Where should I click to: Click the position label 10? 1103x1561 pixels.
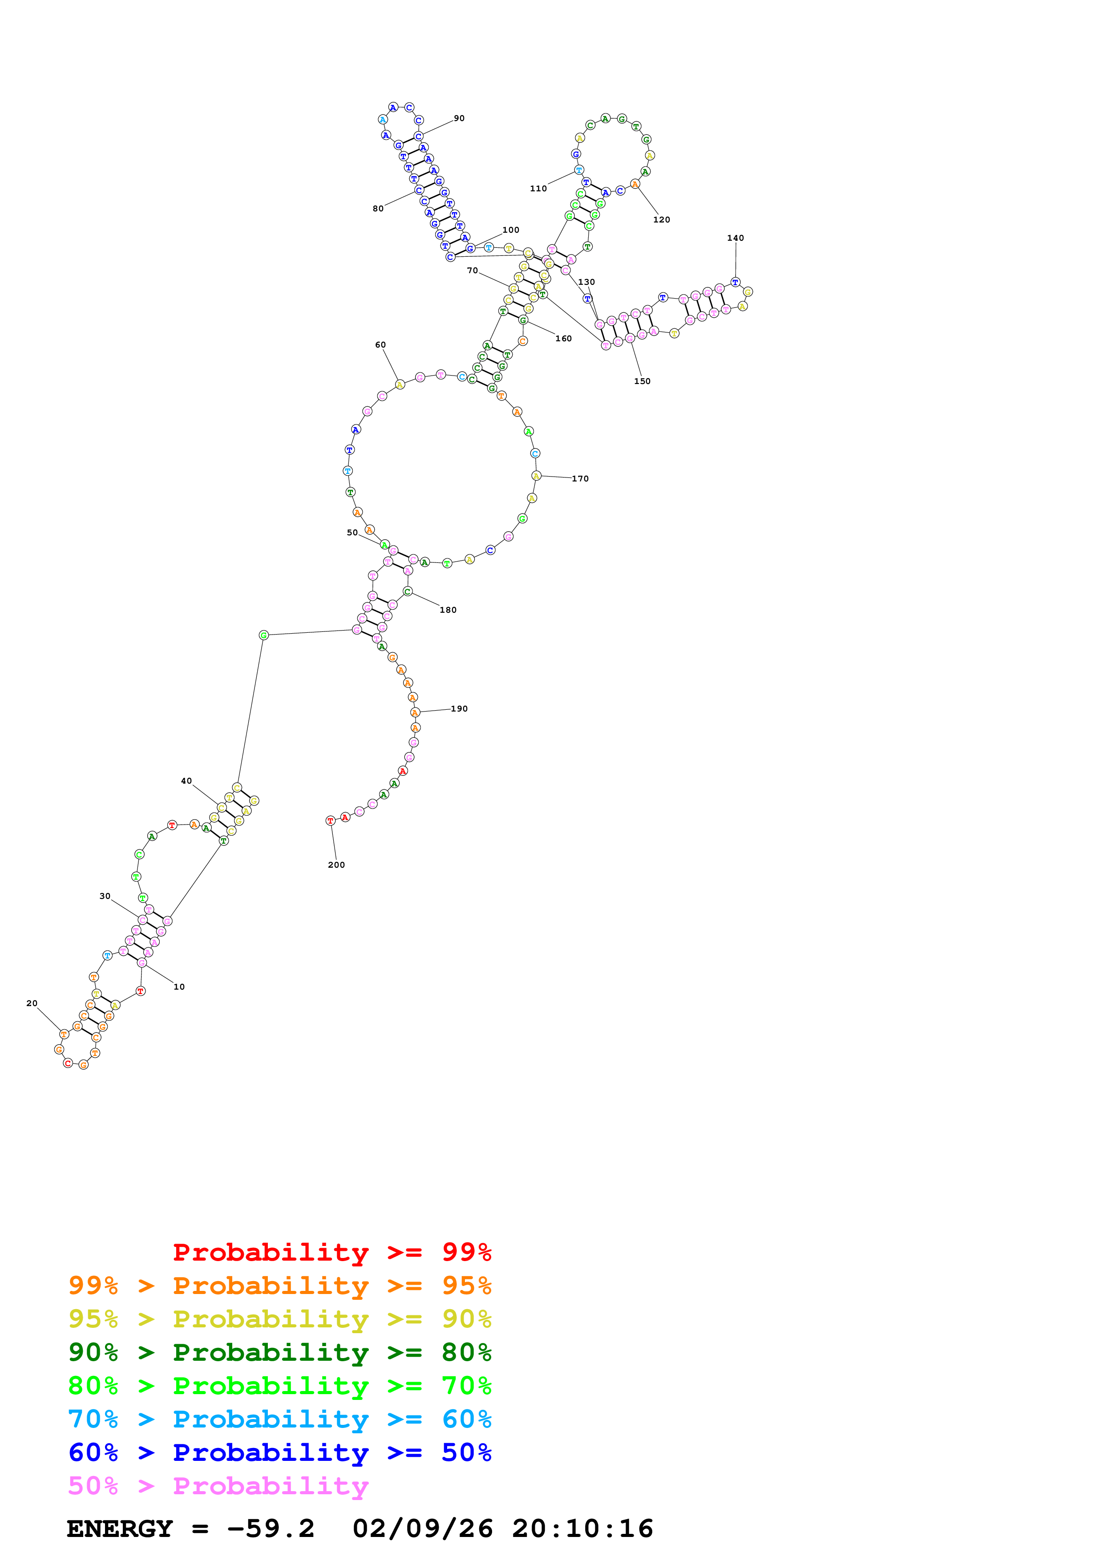179,987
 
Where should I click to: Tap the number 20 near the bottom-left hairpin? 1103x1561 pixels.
32,1003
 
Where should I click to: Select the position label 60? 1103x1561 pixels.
380,345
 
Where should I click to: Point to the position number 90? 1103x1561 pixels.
460,118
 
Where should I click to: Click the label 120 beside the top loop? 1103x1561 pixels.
661,220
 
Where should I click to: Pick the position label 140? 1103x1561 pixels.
735,238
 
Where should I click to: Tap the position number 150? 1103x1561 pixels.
642,381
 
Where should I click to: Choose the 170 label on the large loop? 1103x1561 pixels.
580,479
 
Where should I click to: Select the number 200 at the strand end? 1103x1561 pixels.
336,865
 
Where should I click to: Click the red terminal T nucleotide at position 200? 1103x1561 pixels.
330,821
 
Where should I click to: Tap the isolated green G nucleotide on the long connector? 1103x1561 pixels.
264,635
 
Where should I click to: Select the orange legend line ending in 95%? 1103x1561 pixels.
279,1286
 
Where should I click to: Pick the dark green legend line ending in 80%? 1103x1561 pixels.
279,1352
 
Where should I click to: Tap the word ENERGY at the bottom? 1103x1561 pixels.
120,1529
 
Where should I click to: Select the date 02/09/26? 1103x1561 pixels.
422,1529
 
